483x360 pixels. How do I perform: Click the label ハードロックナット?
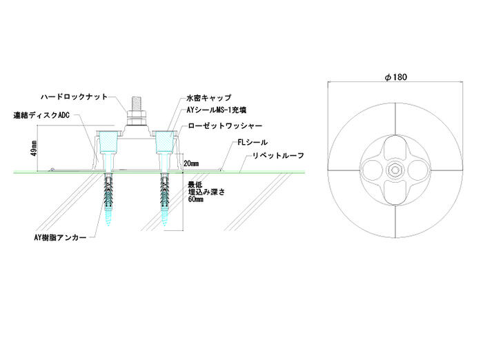[75, 97]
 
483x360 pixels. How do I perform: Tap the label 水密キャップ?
[208, 99]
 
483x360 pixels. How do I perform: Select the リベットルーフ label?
[275, 156]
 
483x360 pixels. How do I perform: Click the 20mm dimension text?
[191, 164]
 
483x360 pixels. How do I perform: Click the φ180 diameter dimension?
[394, 78]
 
